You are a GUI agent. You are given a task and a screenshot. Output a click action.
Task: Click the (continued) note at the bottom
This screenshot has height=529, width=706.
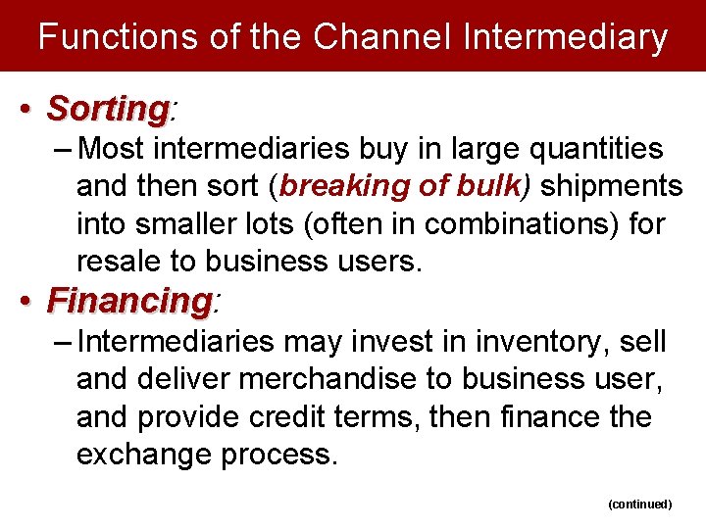639,504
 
